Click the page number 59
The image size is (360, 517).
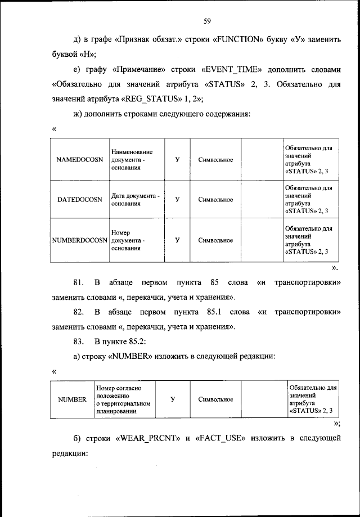pyautogui.click(x=207, y=21)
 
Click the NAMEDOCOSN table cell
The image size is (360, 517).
pyautogui.click(x=80, y=160)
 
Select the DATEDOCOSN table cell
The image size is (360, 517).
pyautogui.click(x=80, y=199)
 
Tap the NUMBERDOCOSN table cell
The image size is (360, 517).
pyautogui.click(x=80, y=240)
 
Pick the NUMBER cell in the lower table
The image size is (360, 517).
pyautogui.click(x=72, y=399)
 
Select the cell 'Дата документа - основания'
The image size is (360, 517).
pyautogui.click(x=135, y=199)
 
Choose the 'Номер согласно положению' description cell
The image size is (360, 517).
pyautogui.click(x=123, y=399)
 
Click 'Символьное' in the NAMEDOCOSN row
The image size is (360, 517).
pyautogui.click(x=215, y=160)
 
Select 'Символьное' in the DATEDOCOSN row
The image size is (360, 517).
pyautogui.click(x=215, y=199)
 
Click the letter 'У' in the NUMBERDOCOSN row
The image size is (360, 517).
pyautogui.click(x=177, y=240)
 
